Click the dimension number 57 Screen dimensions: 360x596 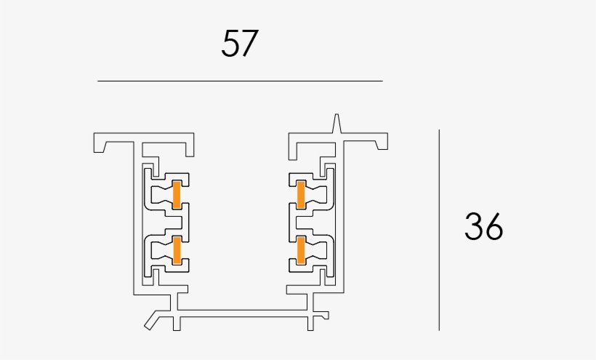click(240, 44)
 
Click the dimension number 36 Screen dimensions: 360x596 click(483, 228)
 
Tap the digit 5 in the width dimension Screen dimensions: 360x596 click(230, 44)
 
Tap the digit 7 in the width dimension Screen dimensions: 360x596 click(249, 44)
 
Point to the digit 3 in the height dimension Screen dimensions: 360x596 click(474, 228)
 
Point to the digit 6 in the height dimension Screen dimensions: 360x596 click(494, 228)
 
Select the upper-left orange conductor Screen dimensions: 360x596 click(176, 195)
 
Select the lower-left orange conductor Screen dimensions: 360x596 click(176, 249)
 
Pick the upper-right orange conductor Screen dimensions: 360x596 click(301, 195)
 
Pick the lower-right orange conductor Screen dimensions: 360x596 click(301, 249)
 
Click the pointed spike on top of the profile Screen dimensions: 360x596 click(337, 122)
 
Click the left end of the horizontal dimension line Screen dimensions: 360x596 click(99, 81)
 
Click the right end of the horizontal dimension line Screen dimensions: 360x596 click(382, 81)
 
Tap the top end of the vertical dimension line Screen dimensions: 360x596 click(439, 131)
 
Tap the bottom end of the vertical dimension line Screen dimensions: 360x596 click(439, 329)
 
